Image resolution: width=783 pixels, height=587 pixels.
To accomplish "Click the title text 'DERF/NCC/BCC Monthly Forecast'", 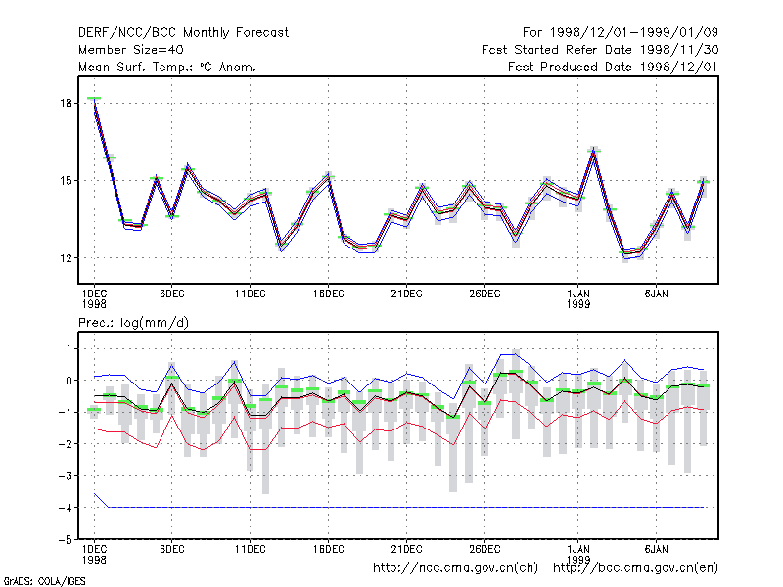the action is click(183, 33).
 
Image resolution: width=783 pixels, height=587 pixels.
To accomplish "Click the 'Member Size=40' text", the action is click(131, 50).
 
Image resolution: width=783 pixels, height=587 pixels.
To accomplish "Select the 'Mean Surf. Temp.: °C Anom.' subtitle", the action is click(167, 67).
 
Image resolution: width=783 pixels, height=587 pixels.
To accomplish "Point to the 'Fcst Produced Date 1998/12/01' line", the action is click(614, 67).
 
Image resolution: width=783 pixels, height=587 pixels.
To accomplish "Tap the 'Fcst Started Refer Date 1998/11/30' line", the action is click(600, 50).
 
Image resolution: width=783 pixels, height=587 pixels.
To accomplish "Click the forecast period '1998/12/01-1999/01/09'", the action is click(634, 33).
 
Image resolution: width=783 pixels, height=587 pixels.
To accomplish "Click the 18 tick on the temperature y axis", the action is click(66, 104).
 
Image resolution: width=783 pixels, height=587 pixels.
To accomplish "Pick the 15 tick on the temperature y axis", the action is click(66, 181).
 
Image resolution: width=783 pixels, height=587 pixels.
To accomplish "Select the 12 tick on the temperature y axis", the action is click(66, 258).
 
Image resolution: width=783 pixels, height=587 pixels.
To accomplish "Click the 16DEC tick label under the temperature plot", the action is click(328, 294).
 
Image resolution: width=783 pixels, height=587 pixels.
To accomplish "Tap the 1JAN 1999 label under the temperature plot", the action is click(578, 298).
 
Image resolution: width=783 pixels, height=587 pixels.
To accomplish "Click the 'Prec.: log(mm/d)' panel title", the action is click(133, 323).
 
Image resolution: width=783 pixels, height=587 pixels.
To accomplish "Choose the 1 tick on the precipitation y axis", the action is click(69, 348).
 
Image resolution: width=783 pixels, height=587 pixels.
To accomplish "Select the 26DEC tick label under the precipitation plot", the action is click(484, 549).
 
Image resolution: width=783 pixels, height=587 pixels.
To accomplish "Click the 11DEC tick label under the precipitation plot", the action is click(251, 549).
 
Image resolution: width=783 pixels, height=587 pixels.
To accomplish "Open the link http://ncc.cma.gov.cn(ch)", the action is click(455, 568).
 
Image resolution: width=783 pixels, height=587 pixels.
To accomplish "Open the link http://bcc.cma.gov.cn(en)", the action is click(635, 568).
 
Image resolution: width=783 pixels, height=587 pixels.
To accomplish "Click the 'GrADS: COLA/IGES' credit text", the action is click(44, 581).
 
